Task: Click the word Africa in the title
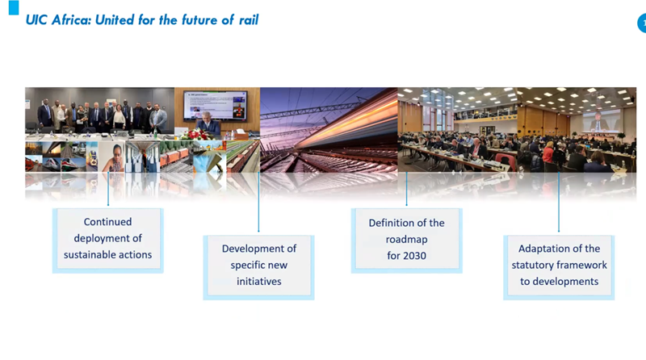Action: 71,19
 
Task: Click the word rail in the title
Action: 249,19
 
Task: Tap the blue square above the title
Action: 14,7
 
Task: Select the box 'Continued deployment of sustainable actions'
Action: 108,241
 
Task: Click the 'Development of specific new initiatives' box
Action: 258,267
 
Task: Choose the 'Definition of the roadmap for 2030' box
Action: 407,241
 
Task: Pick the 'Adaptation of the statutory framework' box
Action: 559,267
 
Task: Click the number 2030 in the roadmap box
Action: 415,256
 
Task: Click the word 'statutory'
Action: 531,266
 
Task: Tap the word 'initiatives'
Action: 258,282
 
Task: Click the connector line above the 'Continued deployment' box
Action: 108,189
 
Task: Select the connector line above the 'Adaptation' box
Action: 559,202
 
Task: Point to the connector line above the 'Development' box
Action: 258,202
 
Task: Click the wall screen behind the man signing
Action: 216,105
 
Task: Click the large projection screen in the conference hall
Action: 602,119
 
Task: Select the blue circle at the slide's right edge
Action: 642,23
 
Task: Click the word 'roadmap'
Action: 407,240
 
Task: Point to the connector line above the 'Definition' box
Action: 407,189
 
